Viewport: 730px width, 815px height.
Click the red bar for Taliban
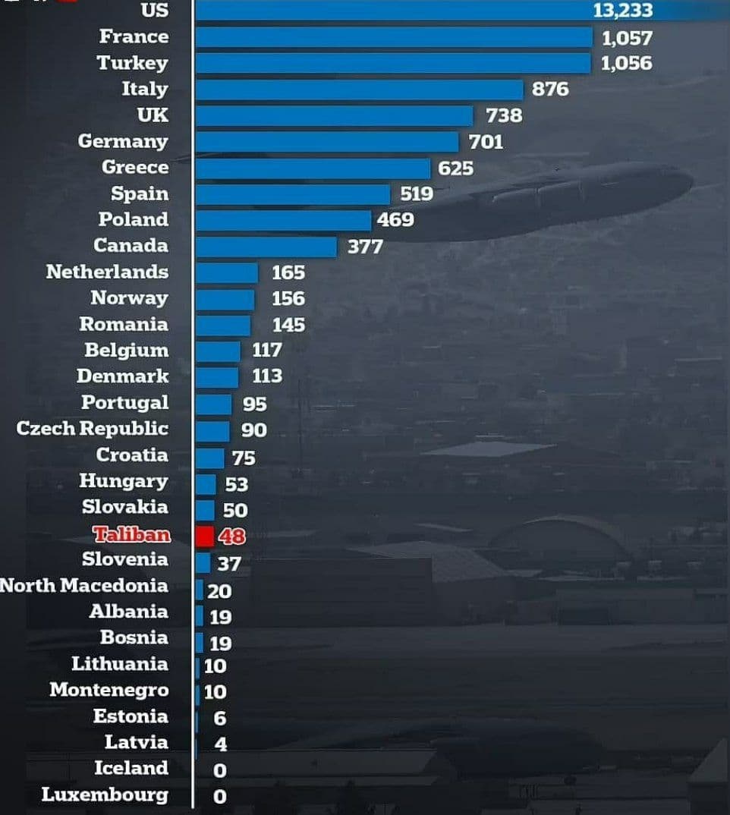(x=204, y=536)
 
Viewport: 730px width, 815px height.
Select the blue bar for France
(x=393, y=37)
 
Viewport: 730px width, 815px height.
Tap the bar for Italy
(x=359, y=90)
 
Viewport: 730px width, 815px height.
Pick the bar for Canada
(x=266, y=247)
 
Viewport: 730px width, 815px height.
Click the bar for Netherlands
(x=227, y=272)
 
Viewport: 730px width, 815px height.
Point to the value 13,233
(x=622, y=11)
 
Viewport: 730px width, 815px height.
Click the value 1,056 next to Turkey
(x=626, y=63)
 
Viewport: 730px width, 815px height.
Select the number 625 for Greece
(x=455, y=168)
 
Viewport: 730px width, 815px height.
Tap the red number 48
(x=232, y=537)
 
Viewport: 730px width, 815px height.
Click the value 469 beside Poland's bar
(x=395, y=220)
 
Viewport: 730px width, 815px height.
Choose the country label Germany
(x=123, y=141)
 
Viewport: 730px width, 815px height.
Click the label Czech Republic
(x=92, y=428)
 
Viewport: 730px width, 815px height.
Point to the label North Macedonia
(x=83, y=586)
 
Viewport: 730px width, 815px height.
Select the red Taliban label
(x=131, y=535)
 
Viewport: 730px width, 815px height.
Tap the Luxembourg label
(x=105, y=795)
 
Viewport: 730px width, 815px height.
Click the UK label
(x=153, y=115)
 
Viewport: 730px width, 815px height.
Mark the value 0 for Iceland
(x=220, y=770)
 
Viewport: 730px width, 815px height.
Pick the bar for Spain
(x=292, y=194)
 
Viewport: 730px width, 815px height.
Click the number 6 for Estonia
(x=220, y=718)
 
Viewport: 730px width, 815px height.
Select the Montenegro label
(x=109, y=691)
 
